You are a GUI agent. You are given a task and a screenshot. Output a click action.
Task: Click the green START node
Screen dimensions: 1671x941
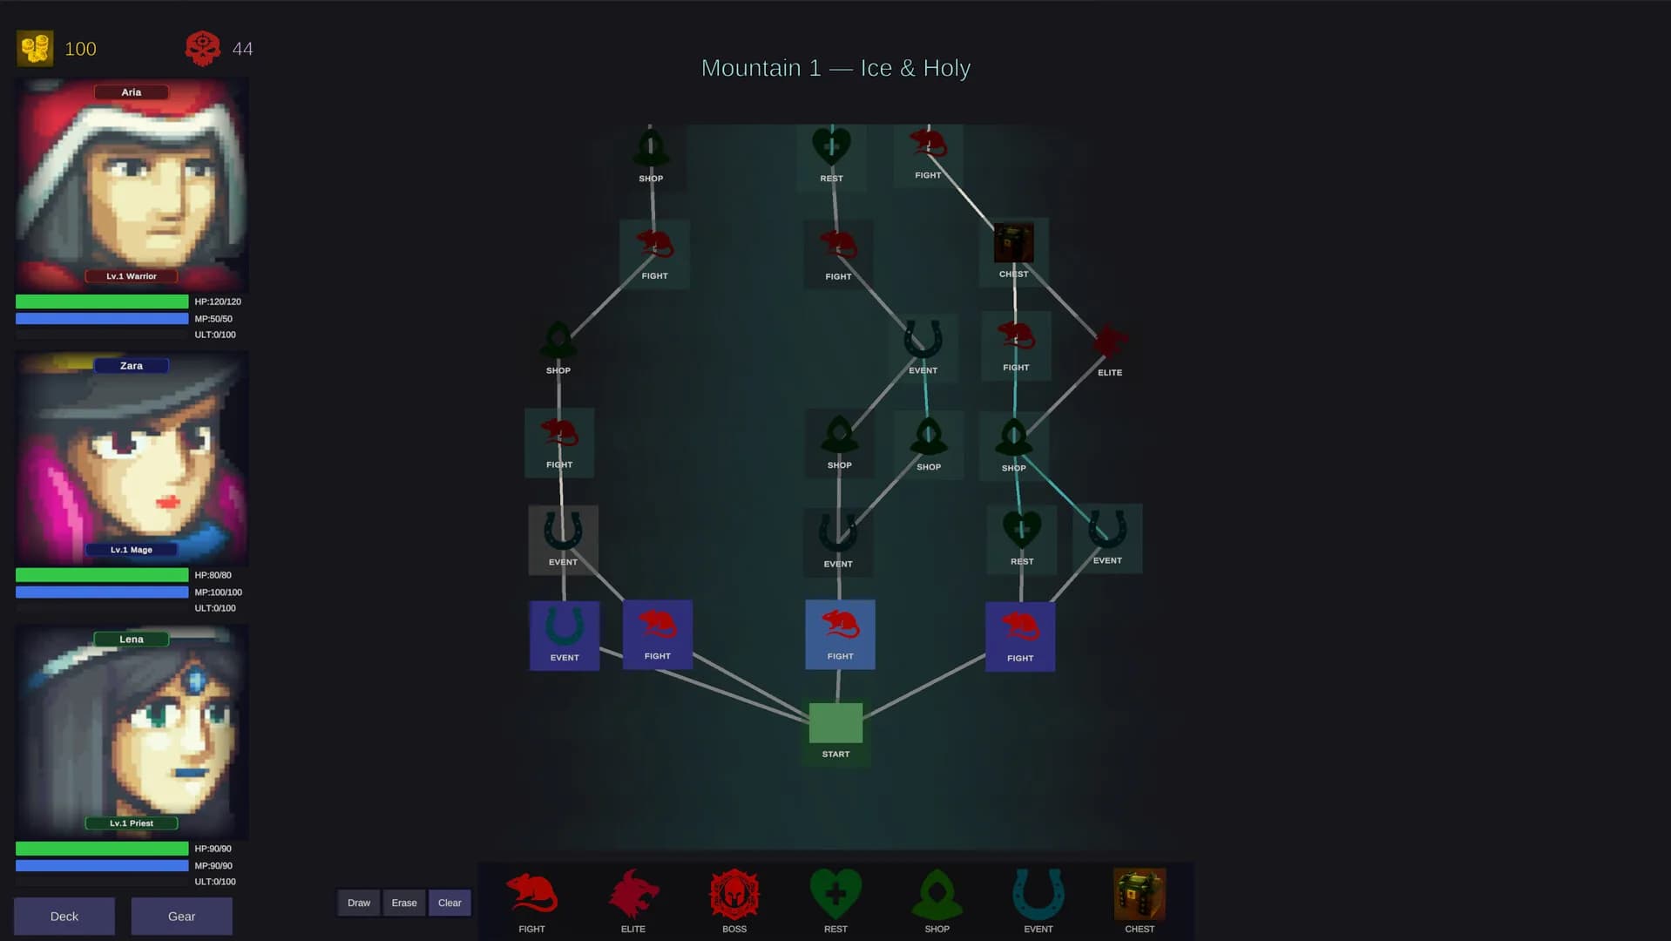tap(835, 723)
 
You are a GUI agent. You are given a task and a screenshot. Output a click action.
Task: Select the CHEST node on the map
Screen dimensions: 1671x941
tap(1013, 243)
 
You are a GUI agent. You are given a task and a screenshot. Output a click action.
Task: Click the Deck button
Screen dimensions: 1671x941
tap(64, 916)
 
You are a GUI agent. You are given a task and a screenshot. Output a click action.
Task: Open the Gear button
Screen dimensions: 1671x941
tap(181, 916)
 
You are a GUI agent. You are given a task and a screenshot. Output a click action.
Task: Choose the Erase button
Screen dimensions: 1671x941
tap(404, 903)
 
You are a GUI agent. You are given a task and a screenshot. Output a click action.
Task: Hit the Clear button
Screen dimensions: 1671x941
tap(450, 903)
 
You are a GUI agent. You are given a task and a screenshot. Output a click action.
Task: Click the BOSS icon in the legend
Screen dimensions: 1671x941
tap(734, 894)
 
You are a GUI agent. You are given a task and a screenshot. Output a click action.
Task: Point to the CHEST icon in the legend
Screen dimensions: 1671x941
tap(1140, 894)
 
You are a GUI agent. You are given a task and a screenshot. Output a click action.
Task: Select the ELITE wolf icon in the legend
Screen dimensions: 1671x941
tap(633, 894)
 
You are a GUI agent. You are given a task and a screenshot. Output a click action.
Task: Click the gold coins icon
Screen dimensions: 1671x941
tap(36, 49)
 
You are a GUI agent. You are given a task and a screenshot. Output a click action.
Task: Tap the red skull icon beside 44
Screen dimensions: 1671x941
tap(203, 49)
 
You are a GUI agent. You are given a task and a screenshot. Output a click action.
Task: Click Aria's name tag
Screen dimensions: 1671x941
tap(132, 92)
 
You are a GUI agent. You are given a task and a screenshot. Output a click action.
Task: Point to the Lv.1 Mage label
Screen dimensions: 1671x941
tap(132, 550)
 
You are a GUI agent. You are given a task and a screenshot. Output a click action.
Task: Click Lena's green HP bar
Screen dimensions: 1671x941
tap(102, 849)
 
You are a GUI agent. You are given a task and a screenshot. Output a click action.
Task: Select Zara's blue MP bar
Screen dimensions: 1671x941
tap(102, 592)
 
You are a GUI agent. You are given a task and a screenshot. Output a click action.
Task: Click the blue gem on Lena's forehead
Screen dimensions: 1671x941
tap(195, 680)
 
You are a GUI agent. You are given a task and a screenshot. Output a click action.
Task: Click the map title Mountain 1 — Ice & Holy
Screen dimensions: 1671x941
tap(835, 68)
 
